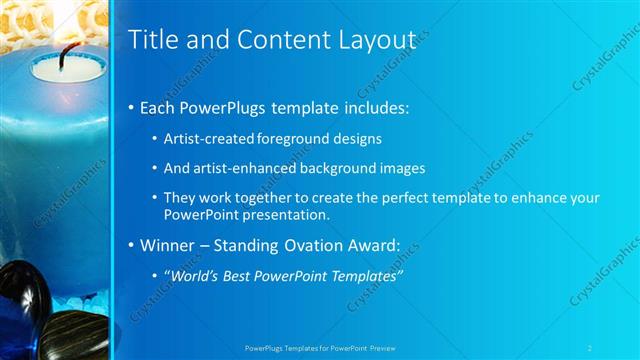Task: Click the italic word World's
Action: [x=193, y=275]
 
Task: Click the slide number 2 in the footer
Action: [x=590, y=348]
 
